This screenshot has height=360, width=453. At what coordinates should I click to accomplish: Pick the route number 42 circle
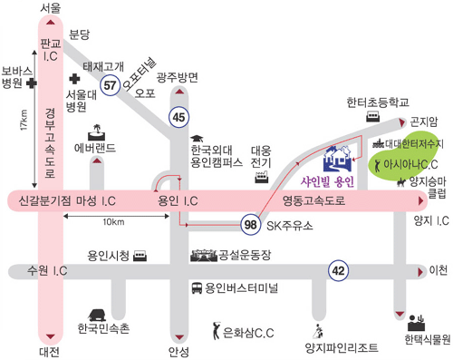coord(339,269)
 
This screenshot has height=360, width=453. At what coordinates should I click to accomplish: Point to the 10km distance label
coord(113,222)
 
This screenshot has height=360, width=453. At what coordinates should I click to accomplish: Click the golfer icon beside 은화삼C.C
coord(215,330)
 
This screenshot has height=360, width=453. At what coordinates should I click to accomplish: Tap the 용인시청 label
coord(108,257)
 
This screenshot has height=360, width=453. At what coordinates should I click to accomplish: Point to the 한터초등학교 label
coord(377,102)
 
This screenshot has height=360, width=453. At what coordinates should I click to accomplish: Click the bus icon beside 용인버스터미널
coord(198,289)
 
